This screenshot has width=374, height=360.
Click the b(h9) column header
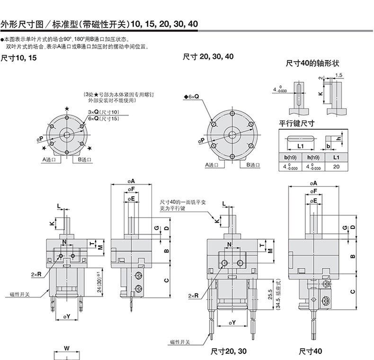[288, 157]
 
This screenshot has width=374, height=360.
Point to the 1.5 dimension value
[339, 75]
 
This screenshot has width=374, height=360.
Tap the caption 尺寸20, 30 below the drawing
[229, 351]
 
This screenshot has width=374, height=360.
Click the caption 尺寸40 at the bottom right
[310, 351]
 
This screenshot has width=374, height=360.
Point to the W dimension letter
[67, 348]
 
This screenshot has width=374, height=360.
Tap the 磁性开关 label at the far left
[20, 294]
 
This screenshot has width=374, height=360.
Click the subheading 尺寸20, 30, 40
[208, 56]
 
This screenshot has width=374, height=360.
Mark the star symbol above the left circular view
[67, 109]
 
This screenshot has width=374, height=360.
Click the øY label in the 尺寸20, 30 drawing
[232, 323]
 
